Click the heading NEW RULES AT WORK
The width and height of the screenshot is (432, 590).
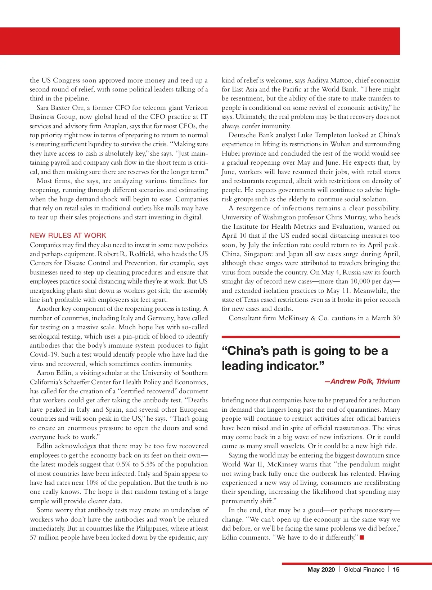pyautogui.click(x=68, y=236)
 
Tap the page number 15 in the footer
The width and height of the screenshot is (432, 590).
pyautogui.click(x=396, y=569)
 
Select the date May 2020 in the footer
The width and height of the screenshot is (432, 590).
pyautogui.click(x=321, y=569)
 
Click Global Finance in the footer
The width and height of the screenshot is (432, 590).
pyautogui.click(x=364, y=569)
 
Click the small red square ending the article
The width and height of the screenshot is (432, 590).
pyautogui.click(x=362, y=538)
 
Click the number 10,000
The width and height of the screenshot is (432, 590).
pyautogui.click(x=362, y=281)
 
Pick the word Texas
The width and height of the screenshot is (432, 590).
pyautogui.click(x=253, y=300)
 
